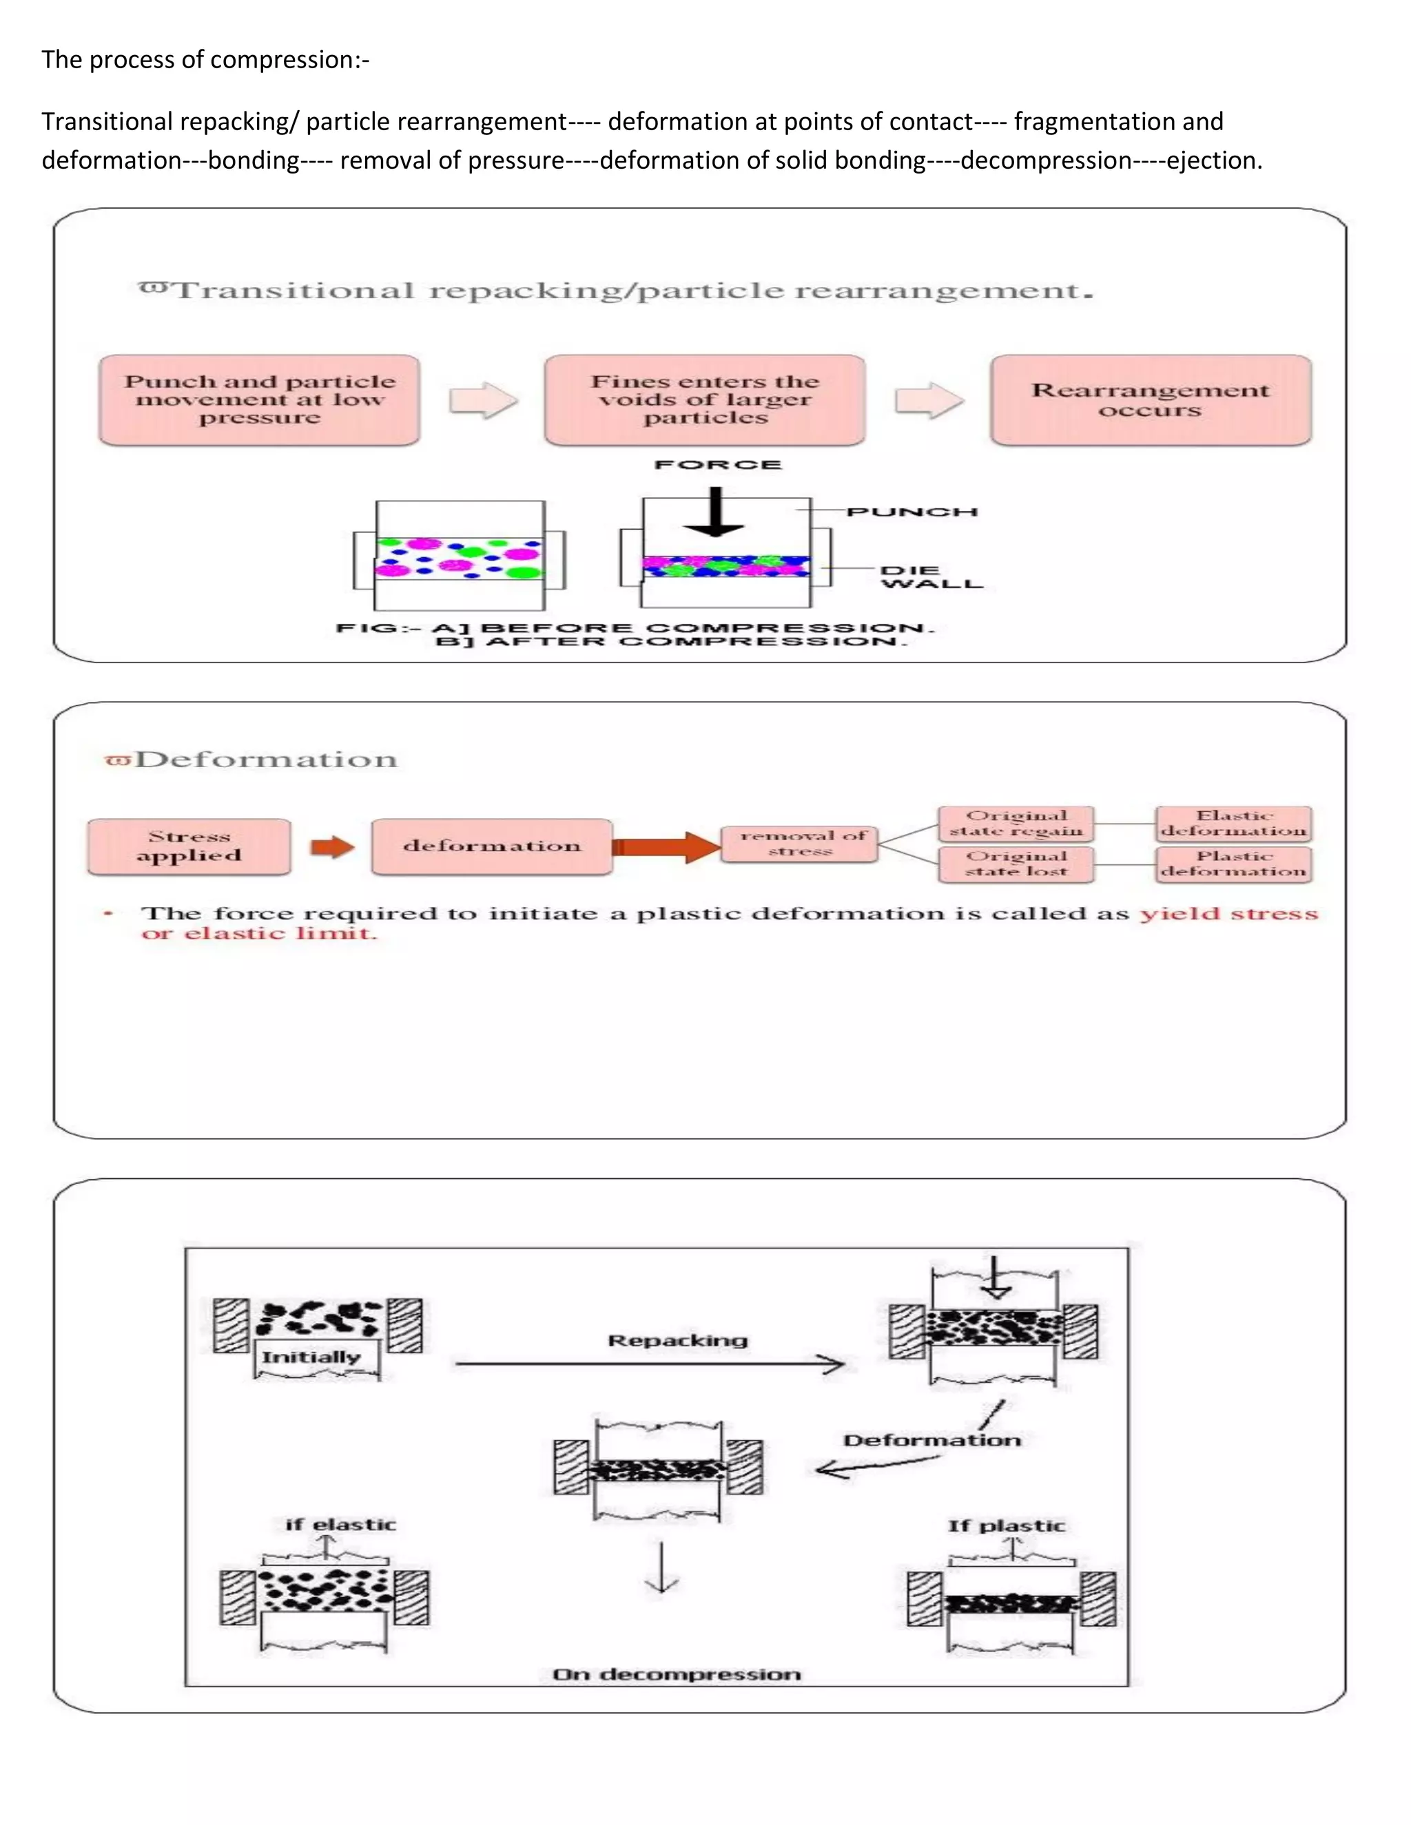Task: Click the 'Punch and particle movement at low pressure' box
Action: [259, 399]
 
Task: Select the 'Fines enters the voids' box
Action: [705, 399]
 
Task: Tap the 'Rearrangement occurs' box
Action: [1150, 399]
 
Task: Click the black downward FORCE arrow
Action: [714, 512]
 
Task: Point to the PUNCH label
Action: [911, 512]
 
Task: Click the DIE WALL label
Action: [930, 576]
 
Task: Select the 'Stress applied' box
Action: [189, 846]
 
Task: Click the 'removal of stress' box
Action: [800, 843]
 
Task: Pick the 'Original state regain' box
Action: [1016, 823]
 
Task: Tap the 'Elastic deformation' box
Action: [1233, 823]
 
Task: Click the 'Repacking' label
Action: [677, 1340]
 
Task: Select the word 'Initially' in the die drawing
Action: [311, 1357]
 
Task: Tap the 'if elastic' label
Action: [340, 1524]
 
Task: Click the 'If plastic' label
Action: [1007, 1526]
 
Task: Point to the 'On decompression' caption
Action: [677, 1673]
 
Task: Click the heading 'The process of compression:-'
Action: [205, 60]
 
